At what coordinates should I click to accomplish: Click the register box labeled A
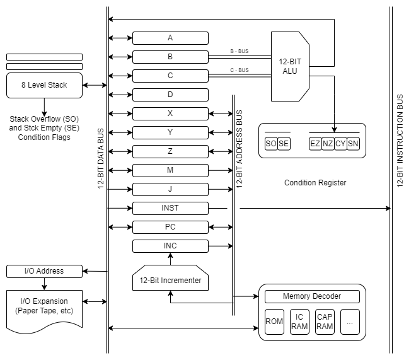[x=170, y=38]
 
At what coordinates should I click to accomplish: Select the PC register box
[x=170, y=227]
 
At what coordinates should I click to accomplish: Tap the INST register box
[x=170, y=208]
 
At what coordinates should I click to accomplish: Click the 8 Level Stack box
[x=44, y=85]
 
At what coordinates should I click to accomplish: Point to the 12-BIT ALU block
[x=291, y=67]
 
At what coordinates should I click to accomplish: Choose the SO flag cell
[x=271, y=144]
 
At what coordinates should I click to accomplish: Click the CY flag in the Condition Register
[x=340, y=144]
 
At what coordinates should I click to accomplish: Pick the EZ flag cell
[x=315, y=144]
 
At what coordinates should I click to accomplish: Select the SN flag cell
[x=353, y=144]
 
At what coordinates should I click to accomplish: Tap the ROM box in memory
[x=274, y=322]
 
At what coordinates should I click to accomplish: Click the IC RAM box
[x=299, y=322]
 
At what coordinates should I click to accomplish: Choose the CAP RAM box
[x=325, y=322]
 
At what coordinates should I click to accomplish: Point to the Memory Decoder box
[x=312, y=296]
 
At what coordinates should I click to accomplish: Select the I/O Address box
[x=44, y=271]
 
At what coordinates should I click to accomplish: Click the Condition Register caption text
[x=315, y=183]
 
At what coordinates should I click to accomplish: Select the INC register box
[x=170, y=246]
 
